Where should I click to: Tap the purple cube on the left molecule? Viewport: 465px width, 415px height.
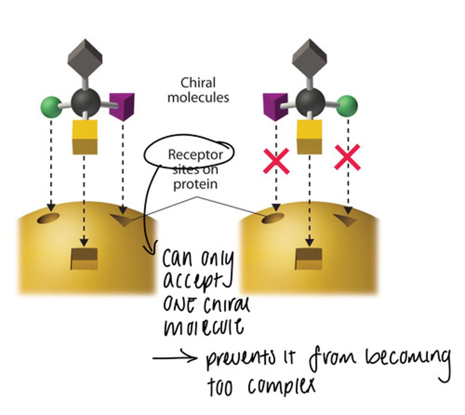click(122, 107)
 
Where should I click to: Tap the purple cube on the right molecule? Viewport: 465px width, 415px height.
click(275, 107)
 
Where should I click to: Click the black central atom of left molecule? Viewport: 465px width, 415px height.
click(86, 102)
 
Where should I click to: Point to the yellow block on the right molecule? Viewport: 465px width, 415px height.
click(309, 137)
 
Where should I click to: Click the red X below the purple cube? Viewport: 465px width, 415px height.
click(276, 161)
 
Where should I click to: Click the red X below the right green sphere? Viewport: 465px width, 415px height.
click(347, 158)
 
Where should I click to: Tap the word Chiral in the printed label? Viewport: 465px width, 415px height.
click(198, 83)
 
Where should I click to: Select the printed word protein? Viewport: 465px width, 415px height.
click(195, 184)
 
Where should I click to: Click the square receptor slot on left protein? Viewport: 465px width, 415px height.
click(84, 259)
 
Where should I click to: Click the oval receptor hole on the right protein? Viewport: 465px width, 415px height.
click(272, 219)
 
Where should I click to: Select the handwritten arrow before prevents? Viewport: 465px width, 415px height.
click(175, 358)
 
